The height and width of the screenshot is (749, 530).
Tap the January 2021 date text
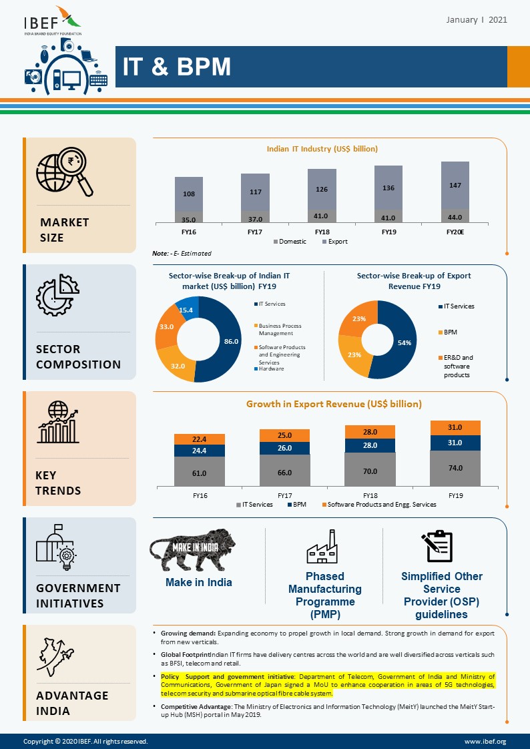[476, 20]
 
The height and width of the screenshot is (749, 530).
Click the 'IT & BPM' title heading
[176, 67]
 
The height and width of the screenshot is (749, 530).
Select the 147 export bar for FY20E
[455, 185]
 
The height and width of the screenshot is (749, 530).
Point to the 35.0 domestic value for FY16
[188, 218]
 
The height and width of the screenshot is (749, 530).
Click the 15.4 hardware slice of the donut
[186, 310]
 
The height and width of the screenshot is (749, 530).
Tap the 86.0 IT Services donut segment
[230, 341]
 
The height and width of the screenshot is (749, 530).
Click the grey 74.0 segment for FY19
[455, 468]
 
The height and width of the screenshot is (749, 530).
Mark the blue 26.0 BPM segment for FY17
[284, 448]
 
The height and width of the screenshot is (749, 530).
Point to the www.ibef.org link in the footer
[485, 742]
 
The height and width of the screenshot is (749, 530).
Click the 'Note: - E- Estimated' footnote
[182, 254]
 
